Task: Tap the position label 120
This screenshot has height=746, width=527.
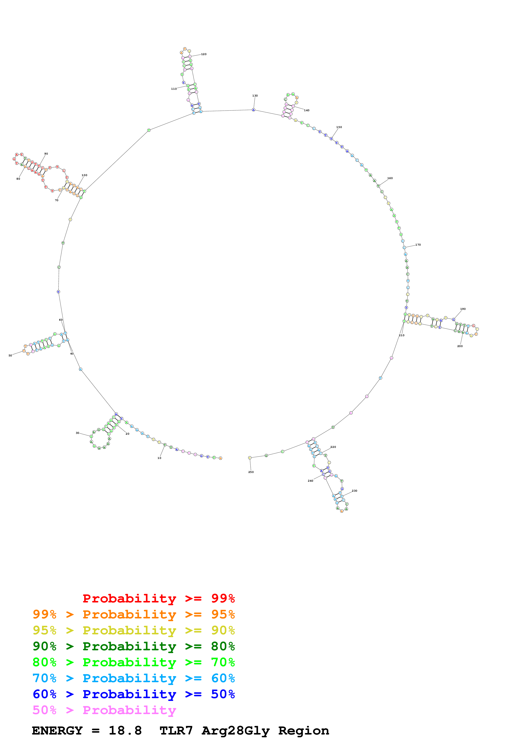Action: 204,54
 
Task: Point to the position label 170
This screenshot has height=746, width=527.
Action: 418,245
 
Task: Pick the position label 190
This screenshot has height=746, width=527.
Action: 463,309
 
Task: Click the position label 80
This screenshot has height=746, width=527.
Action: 18,179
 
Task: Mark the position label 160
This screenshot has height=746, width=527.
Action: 390,178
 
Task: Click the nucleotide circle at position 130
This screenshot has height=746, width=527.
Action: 254,110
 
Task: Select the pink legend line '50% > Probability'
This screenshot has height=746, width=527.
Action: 104,710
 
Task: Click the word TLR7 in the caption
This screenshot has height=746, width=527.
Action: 176,731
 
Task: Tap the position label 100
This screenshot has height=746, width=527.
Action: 84,175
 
